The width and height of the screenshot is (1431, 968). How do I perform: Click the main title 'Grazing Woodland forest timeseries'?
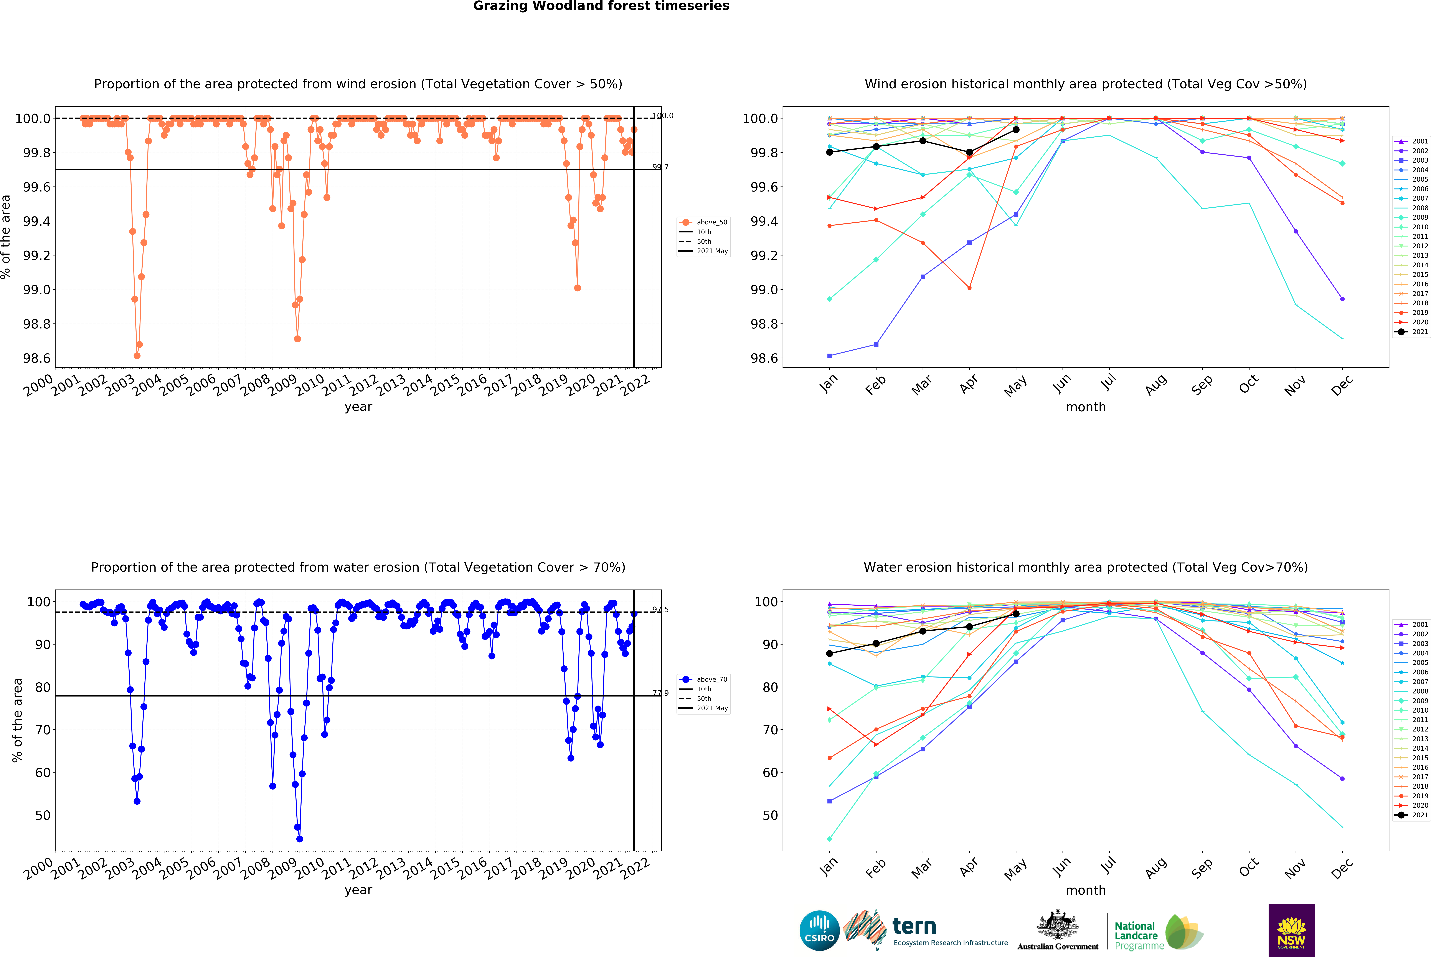click(x=601, y=6)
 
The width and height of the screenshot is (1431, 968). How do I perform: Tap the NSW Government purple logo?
click(x=1291, y=930)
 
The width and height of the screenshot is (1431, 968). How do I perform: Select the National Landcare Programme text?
click(x=1139, y=935)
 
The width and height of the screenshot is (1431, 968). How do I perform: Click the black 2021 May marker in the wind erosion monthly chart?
click(x=1016, y=129)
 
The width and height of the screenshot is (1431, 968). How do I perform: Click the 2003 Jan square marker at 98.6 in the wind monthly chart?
click(x=829, y=356)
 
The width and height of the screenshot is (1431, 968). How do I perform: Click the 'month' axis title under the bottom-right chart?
click(x=1086, y=890)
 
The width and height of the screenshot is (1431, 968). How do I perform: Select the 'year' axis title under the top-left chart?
click(x=358, y=407)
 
